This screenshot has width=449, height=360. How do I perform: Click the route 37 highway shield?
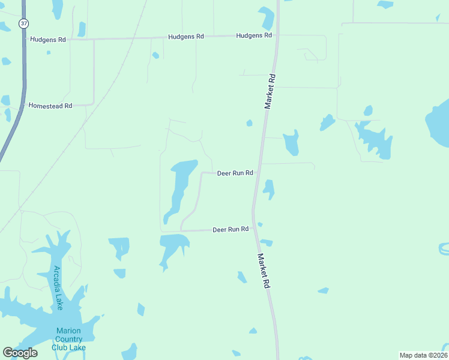(23, 23)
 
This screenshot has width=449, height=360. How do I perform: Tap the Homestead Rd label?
(50, 106)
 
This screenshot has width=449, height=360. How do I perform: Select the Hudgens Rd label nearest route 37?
(47, 39)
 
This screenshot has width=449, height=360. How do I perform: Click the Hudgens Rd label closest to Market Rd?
(254, 35)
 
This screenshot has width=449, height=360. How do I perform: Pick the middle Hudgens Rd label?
(185, 37)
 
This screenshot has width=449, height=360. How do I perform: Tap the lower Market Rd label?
(263, 272)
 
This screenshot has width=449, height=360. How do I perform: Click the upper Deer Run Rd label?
(235, 173)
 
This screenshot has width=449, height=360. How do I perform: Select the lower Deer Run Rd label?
(231, 230)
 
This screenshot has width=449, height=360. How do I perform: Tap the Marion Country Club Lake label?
(68, 339)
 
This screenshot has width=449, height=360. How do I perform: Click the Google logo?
(20, 352)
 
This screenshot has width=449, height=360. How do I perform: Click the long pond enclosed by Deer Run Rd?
(179, 186)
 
